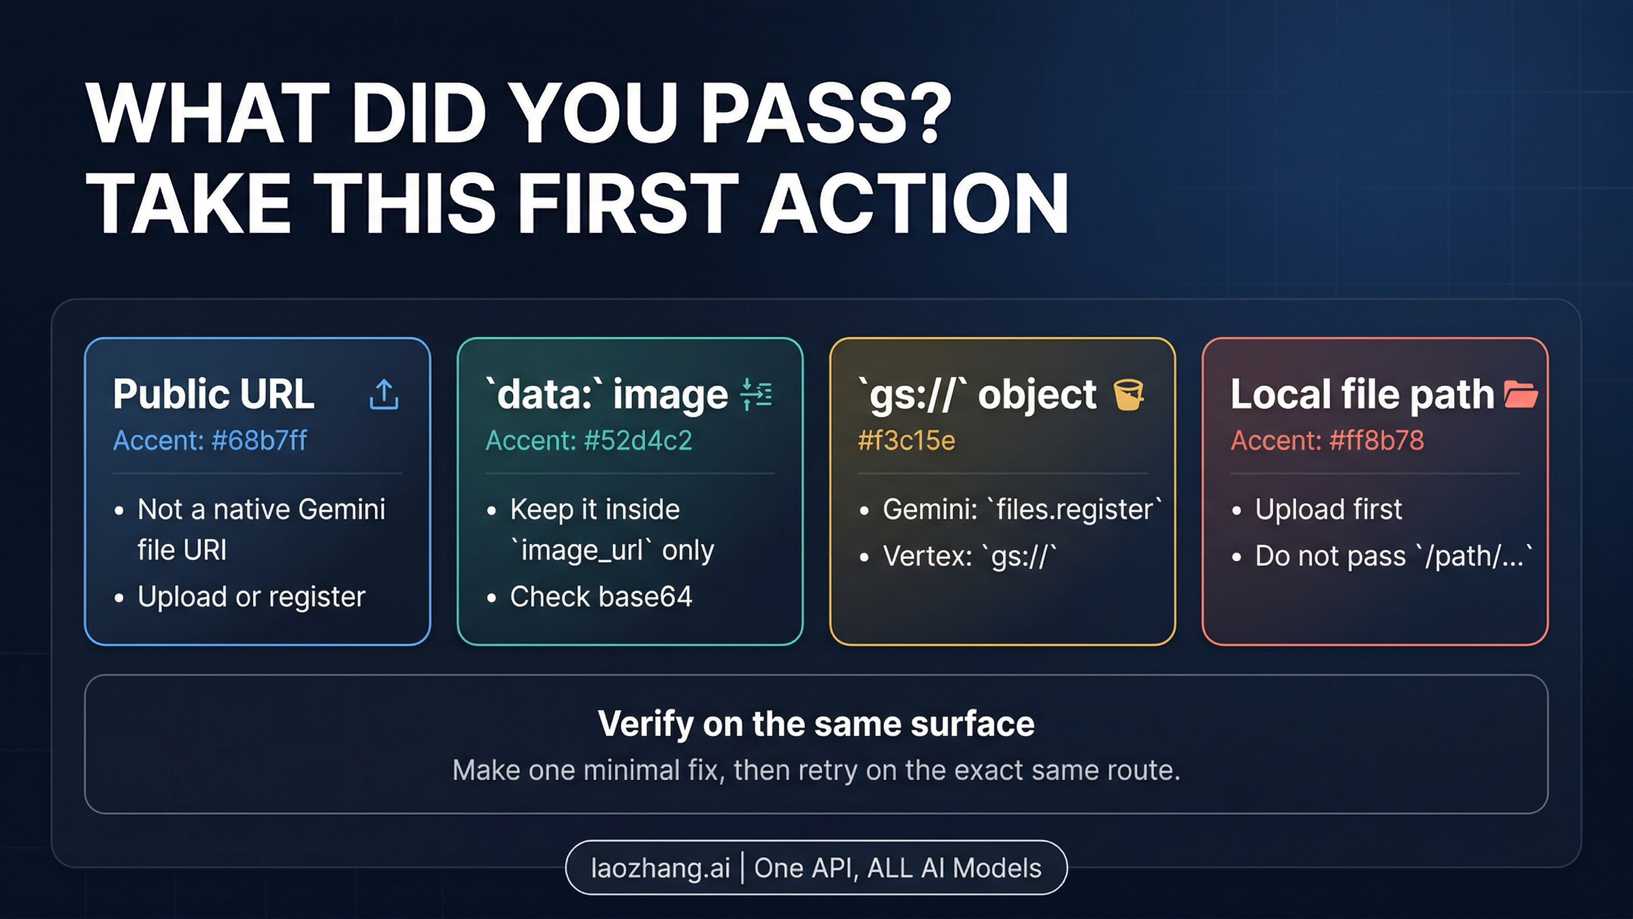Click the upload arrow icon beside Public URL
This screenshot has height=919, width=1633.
pyautogui.click(x=384, y=394)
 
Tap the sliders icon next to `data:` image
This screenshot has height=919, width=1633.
pyautogui.click(x=756, y=394)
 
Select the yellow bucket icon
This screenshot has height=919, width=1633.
pyautogui.click(x=1129, y=395)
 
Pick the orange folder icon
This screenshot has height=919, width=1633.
pyautogui.click(x=1520, y=395)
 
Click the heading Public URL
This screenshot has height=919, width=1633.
pyautogui.click(x=214, y=394)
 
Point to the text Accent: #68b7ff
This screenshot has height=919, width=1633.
pyautogui.click(x=210, y=440)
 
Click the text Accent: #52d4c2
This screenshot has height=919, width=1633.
pyautogui.click(x=589, y=440)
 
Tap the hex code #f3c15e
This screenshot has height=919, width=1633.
pyautogui.click(x=906, y=440)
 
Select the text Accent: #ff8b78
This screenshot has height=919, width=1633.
pyautogui.click(x=1327, y=440)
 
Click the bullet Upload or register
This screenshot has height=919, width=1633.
pyautogui.click(x=251, y=597)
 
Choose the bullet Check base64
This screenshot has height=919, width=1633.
pyautogui.click(x=601, y=597)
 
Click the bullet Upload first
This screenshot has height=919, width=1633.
pyautogui.click(x=1328, y=509)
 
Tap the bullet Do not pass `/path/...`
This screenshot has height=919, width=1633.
pyautogui.click(x=1394, y=556)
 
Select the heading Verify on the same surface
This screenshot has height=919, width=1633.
pyautogui.click(x=816, y=724)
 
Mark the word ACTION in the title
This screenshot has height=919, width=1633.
pyautogui.click(x=914, y=203)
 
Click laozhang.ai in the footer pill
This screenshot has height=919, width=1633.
pyautogui.click(x=660, y=868)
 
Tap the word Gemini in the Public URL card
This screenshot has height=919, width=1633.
pyautogui.click(x=342, y=509)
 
